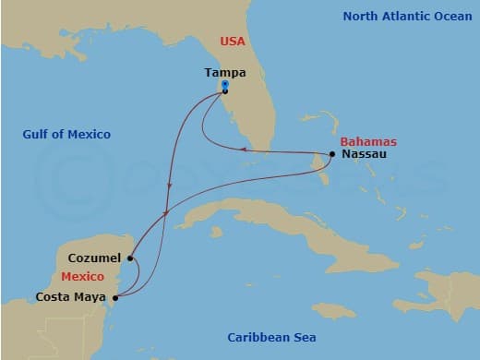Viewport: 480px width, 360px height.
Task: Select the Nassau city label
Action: pyautogui.click(x=363, y=154)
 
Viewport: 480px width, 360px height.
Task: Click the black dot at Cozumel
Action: pyautogui.click(x=131, y=259)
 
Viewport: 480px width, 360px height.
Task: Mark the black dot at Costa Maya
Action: pyautogui.click(x=115, y=297)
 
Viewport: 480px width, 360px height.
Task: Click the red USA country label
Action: pyautogui.click(x=232, y=42)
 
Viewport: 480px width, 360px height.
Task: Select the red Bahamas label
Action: pyautogui.click(x=368, y=141)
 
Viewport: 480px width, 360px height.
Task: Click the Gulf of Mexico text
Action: pyautogui.click(x=66, y=135)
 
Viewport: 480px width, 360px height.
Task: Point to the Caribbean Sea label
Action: pyautogui.click(x=271, y=338)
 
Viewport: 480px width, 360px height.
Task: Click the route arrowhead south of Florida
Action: pyautogui.click(x=242, y=149)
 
